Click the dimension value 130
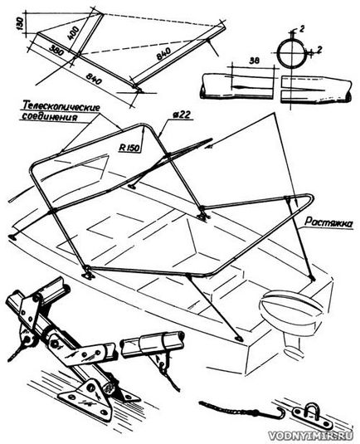point(19,23)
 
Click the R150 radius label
point(129,148)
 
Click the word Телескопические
point(61,107)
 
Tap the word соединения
point(49,117)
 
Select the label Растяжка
point(328,222)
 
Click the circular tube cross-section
point(290,54)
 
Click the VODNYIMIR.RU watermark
point(310,436)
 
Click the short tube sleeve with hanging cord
point(152,344)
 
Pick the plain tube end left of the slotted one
point(238,86)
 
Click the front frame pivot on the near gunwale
point(88,273)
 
